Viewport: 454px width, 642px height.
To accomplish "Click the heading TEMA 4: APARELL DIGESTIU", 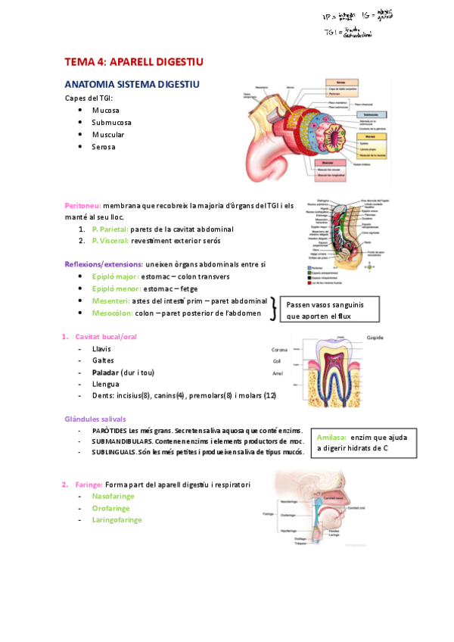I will (133, 61).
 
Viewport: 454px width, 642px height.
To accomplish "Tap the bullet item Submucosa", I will (111, 122).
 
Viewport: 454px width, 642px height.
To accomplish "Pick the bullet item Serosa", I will (104, 146).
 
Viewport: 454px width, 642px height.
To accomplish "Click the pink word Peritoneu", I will (83, 205).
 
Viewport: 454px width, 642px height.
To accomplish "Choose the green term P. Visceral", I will (110, 240).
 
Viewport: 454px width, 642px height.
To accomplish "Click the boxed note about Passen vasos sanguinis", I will (326, 310).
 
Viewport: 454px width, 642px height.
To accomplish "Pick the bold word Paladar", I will (106, 372).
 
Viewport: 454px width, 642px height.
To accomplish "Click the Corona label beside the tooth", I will (280, 350).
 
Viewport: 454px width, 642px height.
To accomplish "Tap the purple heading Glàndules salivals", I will (95, 419).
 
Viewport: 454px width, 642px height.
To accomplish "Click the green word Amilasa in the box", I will (331, 437).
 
